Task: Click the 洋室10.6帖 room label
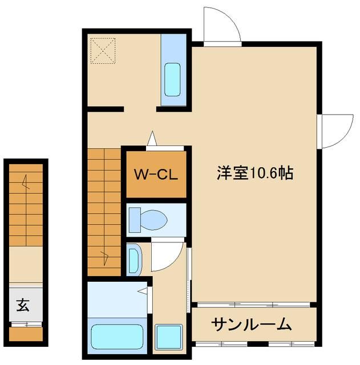[254, 173]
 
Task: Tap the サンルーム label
[252, 325]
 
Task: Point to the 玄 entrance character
[23, 305]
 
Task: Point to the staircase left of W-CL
[104, 211]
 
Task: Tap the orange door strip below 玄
[26, 333]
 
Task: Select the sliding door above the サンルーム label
[252, 304]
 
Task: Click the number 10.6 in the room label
[264, 173]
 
